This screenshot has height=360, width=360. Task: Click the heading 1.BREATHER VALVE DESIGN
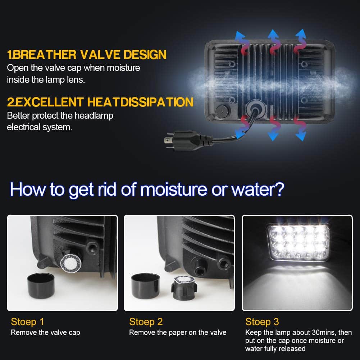pyautogui.click(x=87, y=55)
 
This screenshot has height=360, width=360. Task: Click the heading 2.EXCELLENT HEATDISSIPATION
pyautogui.click(x=100, y=102)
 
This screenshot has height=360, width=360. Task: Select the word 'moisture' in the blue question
pyautogui.click(x=174, y=190)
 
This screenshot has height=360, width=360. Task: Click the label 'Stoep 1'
pyautogui.click(x=27, y=322)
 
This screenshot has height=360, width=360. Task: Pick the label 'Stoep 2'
pyautogui.click(x=146, y=322)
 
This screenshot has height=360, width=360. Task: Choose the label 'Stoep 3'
pyautogui.click(x=262, y=322)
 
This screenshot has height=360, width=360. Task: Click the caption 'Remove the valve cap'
pyautogui.click(x=45, y=332)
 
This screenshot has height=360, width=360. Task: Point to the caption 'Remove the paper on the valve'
pyautogui.click(x=178, y=332)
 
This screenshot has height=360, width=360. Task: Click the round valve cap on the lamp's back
pyautogui.click(x=223, y=111)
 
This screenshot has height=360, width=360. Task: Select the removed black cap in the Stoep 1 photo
pyautogui.click(x=41, y=286)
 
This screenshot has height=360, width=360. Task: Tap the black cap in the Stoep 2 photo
pyautogui.click(x=145, y=286)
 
